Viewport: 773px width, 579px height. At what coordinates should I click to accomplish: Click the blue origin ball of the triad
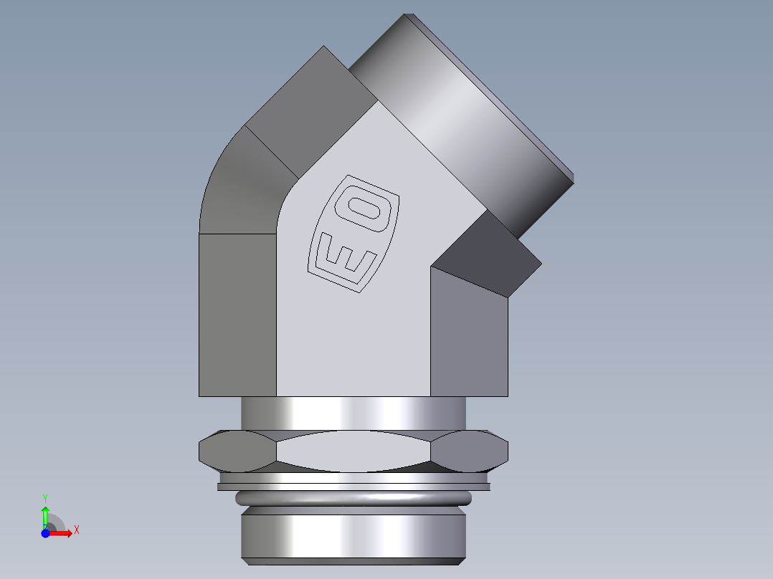[45, 533]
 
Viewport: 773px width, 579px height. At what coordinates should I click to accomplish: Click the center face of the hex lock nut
[354, 451]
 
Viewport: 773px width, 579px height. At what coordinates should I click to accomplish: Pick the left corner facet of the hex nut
[237, 451]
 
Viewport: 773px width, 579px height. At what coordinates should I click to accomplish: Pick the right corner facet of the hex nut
[470, 451]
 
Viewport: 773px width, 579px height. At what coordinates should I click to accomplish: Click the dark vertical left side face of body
[237, 315]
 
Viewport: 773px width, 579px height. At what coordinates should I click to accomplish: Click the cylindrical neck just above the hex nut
[354, 414]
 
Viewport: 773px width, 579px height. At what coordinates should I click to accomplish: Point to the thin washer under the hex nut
[354, 487]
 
